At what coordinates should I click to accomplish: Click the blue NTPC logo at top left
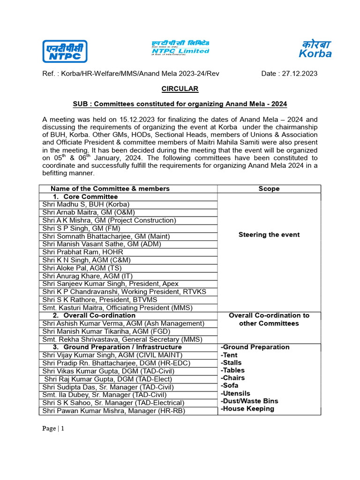tap(65, 51)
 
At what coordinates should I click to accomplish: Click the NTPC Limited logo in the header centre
tap(180, 47)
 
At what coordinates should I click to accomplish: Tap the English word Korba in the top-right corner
tap(315, 53)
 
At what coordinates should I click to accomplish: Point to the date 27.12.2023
tap(300, 74)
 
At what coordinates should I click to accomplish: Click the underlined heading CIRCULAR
tap(180, 89)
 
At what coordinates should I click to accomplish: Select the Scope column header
tap(269, 188)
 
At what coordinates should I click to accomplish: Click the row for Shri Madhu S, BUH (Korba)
tap(86, 204)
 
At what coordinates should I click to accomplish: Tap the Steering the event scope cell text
tap(269, 235)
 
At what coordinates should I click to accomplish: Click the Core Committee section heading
tap(90, 196)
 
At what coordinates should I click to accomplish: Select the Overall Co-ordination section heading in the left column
tap(99, 315)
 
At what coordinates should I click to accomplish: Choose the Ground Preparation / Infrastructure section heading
tap(122, 347)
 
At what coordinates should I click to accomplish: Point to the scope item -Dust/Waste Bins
tap(249, 401)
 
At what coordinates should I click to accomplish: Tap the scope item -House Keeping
tap(247, 409)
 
